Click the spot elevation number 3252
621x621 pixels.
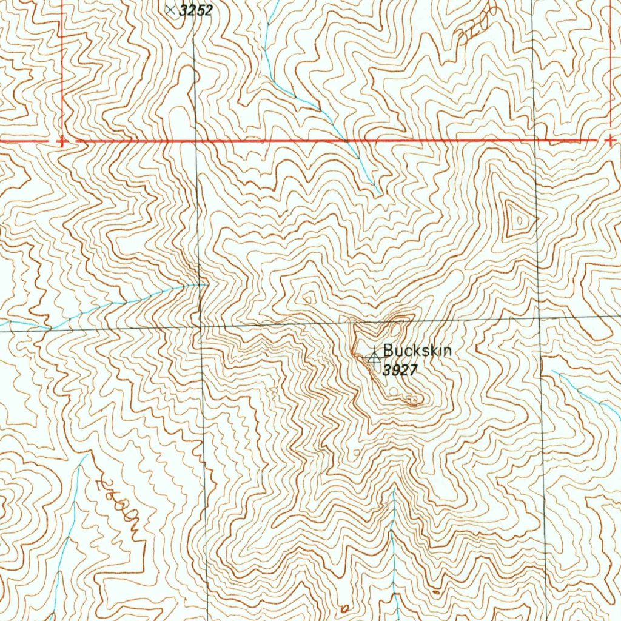pos(196,10)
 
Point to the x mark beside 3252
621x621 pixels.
pos(170,10)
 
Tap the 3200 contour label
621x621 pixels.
pos(476,26)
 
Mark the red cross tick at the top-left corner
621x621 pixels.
pos(61,141)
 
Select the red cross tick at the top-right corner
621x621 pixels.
pos(609,140)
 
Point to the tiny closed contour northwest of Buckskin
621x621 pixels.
pos(308,297)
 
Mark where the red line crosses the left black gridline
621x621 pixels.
pos(194,141)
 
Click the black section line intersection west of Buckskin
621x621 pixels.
pos(200,327)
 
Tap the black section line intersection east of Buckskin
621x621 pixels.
pos(539,318)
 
